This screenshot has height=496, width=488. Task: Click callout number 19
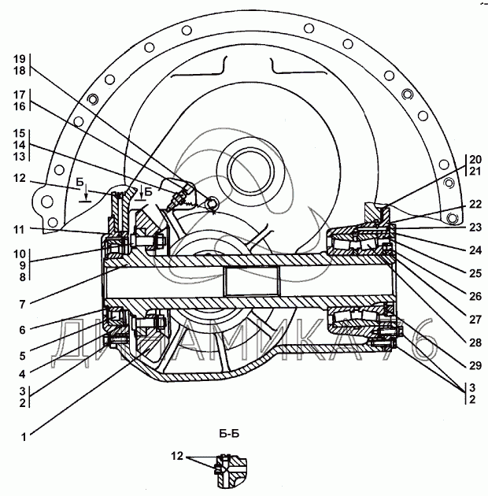[x=20, y=59]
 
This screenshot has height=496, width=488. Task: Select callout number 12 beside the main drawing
[x=20, y=178]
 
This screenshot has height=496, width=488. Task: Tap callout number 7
[x=22, y=305]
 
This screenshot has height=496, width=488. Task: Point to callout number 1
[x=24, y=437]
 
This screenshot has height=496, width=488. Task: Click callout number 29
[x=475, y=365]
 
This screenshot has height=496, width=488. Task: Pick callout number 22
[x=475, y=204]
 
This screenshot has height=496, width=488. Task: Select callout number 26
[x=475, y=296]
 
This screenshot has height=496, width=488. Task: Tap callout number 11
[x=19, y=229]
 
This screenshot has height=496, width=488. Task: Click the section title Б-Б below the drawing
[x=229, y=433]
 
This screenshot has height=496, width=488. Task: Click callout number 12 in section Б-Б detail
[x=177, y=456]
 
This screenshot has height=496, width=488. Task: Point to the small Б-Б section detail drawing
[x=231, y=470]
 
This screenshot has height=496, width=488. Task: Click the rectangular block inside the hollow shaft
[x=251, y=281]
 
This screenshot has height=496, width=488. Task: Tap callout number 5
[x=22, y=356]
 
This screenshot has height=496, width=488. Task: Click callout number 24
[x=475, y=250]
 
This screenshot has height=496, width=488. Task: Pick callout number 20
[x=475, y=159]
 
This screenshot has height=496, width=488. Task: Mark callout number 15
[x=20, y=133]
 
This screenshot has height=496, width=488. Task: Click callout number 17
[x=20, y=94]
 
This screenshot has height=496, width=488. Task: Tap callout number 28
[x=475, y=342]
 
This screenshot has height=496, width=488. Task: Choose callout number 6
[x=22, y=330]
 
